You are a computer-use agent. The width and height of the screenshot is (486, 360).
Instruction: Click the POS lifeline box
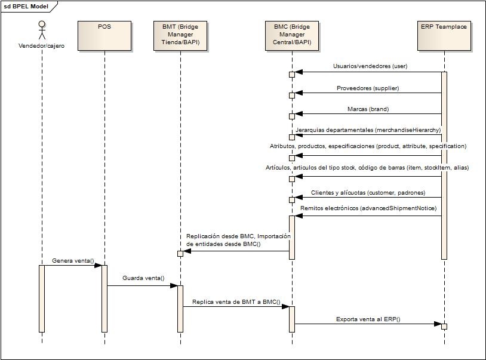pos(104,35)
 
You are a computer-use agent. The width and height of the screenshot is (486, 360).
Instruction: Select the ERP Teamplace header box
pos(444,35)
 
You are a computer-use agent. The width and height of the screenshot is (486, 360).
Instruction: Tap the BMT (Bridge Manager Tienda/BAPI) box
pos(180,35)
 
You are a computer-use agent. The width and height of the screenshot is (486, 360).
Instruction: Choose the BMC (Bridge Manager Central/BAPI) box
pos(292,35)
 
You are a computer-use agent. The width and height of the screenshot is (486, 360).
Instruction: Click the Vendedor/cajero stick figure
pos(42,30)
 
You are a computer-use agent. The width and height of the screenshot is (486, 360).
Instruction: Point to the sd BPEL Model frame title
pos(26,7)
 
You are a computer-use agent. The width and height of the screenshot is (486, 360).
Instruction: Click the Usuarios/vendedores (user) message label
pos(370,66)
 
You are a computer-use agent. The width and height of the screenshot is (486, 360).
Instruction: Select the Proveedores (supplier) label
pos(367,88)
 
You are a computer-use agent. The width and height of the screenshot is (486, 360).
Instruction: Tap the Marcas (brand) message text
pos(368,109)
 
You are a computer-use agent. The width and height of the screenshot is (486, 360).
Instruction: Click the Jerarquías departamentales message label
pos(368,130)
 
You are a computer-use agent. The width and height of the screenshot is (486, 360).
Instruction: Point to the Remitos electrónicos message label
pos(368,208)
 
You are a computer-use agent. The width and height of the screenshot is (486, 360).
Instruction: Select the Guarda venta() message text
pos(143,278)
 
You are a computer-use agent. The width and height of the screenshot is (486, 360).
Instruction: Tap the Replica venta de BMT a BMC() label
pos(236,301)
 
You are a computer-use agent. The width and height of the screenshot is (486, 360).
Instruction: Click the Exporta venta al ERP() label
pos(368,319)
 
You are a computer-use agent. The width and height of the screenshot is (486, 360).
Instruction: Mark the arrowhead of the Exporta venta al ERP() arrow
pos(438,324)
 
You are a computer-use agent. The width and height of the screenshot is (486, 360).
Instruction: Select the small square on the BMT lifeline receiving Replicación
pos(180,253)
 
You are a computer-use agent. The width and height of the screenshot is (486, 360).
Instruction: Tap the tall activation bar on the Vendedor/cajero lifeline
pos(42,299)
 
